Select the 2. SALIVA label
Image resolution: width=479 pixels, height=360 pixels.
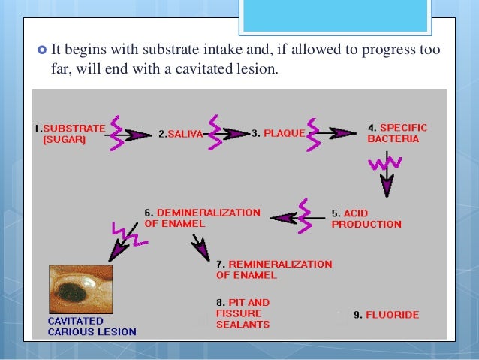tap(180, 134)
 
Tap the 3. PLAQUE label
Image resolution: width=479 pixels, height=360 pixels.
tap(278, 134)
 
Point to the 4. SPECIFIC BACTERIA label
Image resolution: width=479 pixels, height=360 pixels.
tap(398, 133)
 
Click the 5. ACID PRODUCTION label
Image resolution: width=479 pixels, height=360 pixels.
tap(366, 219)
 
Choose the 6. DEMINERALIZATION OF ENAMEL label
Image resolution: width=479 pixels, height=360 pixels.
tap(202, 219)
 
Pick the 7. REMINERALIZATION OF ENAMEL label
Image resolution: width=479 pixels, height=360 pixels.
tap(273, 270)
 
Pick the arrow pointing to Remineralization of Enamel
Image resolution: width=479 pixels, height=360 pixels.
tap(200, 247)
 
